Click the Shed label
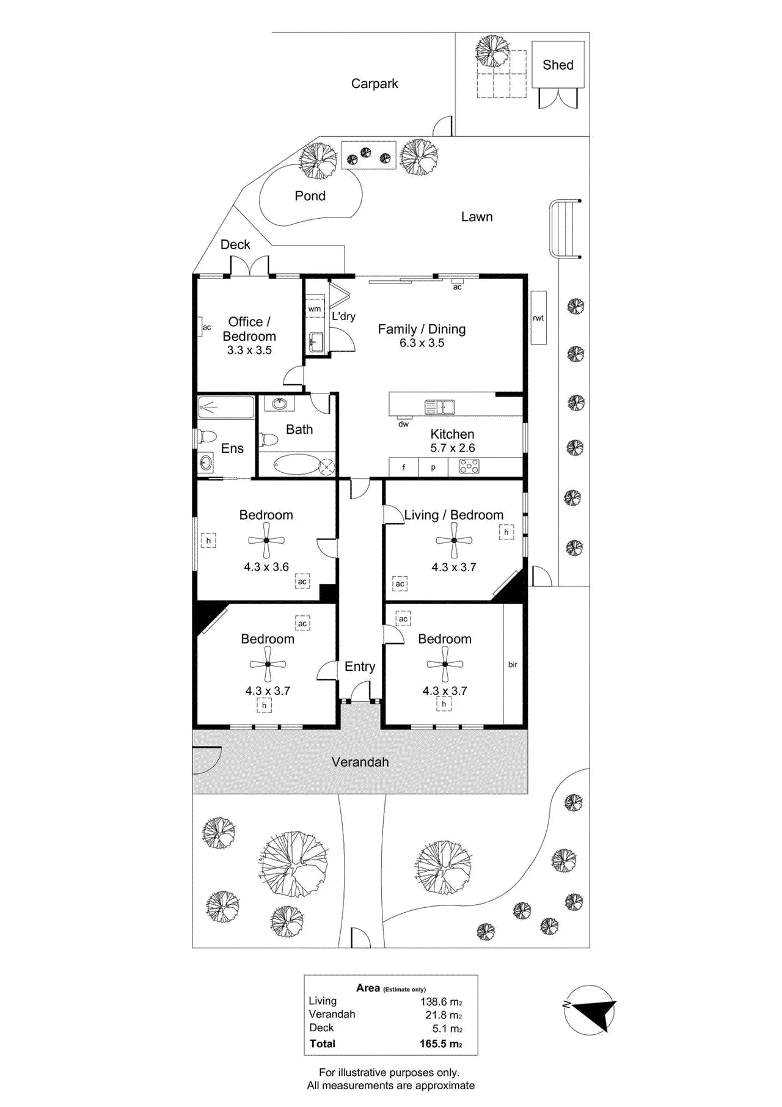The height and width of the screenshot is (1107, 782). (558, 65)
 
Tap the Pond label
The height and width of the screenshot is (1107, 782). (310, 196)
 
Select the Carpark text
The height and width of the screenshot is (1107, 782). (375, 84)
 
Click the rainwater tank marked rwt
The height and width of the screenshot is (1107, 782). (538, 318)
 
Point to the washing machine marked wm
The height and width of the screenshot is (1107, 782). (315, 309)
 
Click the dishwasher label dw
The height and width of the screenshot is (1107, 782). (403, 424)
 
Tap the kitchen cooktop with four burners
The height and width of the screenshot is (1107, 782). (469, 467)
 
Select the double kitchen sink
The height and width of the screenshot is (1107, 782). (440, 406)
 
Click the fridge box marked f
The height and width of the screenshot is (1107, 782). (404, 467)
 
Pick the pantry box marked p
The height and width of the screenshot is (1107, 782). (433, 467)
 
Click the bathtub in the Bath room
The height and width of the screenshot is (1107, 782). (296, 466)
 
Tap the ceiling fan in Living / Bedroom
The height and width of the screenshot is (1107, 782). (454, 541)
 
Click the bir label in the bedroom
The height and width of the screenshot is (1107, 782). (513, 664)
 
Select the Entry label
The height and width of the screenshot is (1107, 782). (360, 667)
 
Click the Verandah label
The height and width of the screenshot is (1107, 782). (360, 762)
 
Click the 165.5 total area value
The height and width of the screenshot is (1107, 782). (440, 1044)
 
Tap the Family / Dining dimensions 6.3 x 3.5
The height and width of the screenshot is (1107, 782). (422, 343)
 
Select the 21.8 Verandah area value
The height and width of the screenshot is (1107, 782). (444, 1015)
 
